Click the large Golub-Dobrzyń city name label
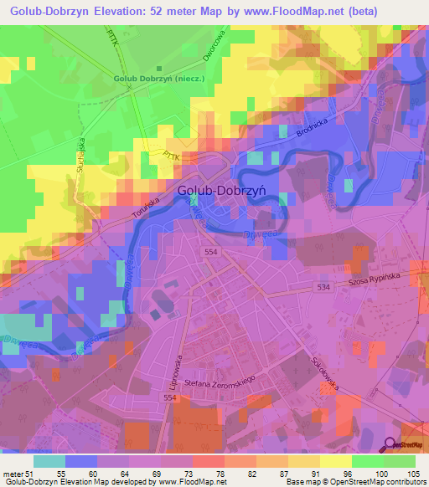(x=221, y=190)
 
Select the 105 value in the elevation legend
(x=411, y=474)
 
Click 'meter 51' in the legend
(x=17, y=474)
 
